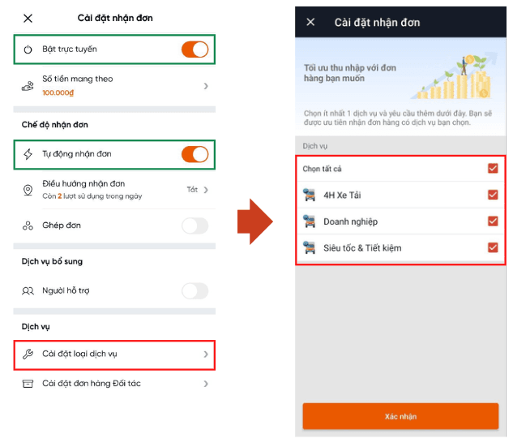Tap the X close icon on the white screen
[28, 19]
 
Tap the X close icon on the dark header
[310, 22]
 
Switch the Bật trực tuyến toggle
[195, 49]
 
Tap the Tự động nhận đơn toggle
[195, 154]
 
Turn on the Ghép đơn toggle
[195, 226]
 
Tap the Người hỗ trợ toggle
[195, 290]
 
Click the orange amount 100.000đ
[58, 93]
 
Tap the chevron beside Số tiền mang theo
[206, 86]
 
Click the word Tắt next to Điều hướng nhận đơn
[192, 189]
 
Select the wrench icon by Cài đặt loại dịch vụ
[28, 354]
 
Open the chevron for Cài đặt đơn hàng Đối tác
[206, 384]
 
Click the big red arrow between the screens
[254, 221]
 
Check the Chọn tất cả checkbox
[493, 168]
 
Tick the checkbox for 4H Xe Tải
[493, 195]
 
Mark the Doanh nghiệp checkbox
[493, 221]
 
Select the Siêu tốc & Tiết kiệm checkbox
[493, 247]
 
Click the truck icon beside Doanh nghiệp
[309, 221]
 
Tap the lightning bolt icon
[28, 154]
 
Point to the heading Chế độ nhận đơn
[55, 125]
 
